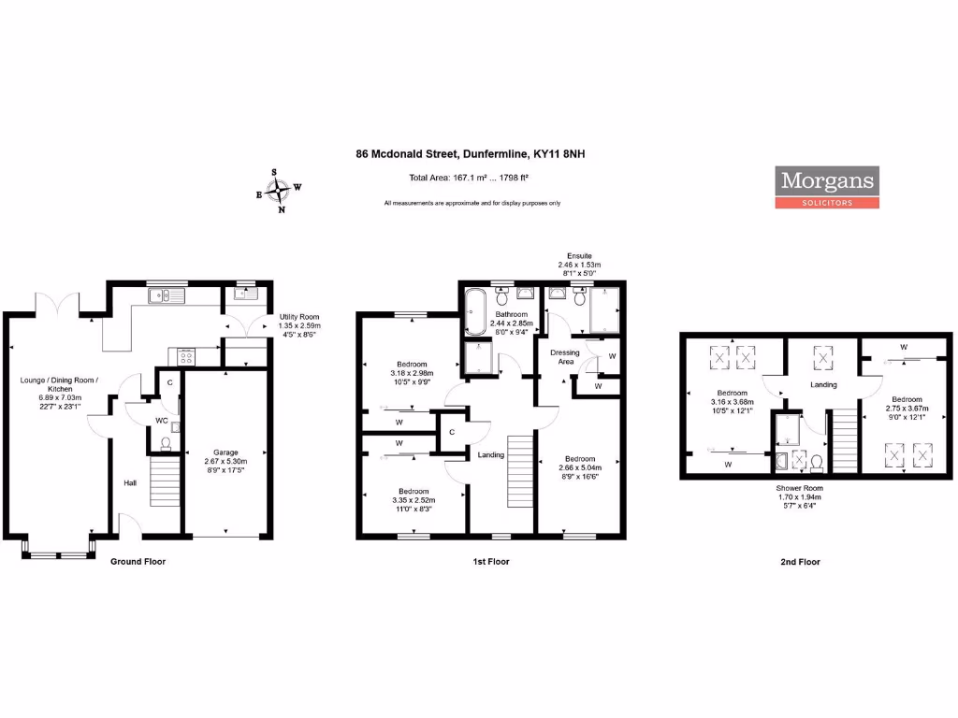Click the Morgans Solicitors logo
click(x=827, y=187)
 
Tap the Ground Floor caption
click(x=138, y=562)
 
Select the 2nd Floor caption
click(x=800, y=562)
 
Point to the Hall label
click(x=130, y=483)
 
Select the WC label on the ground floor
click(x=161, y=421)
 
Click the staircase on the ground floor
click(x=165, y=481)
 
